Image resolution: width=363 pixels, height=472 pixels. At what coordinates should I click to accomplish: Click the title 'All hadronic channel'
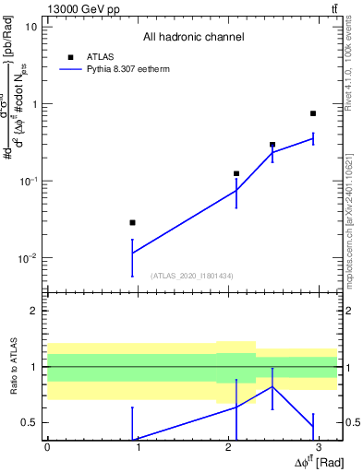(193, 37)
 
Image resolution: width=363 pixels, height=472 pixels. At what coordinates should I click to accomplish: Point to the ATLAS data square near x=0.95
(133, 222)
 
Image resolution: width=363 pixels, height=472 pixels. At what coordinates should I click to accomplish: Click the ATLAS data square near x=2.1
(236, 173)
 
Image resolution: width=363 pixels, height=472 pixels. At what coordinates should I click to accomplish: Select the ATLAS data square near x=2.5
(272, 145)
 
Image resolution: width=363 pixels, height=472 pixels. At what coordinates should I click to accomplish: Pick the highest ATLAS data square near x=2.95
(313, 113)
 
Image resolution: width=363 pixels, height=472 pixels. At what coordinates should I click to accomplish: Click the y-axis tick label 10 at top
(31, 26)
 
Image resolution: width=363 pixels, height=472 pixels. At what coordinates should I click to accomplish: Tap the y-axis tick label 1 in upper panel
(34, 103)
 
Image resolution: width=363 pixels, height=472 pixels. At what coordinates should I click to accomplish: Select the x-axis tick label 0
(47, 446)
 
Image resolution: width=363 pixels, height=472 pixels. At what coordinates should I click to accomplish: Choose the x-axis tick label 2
(228, 446)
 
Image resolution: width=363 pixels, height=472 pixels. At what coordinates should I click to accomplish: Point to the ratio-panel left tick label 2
(34, 311)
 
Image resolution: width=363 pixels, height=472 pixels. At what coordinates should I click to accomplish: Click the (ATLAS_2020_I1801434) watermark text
(193, 275)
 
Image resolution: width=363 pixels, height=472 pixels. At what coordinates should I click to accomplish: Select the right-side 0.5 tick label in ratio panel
(351, 422)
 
